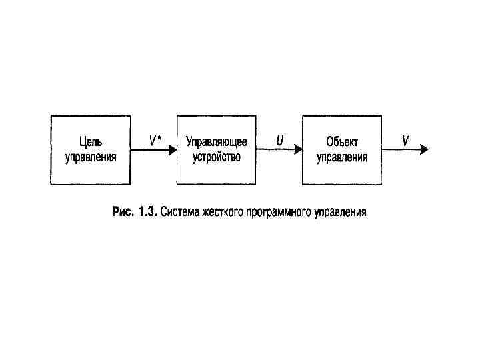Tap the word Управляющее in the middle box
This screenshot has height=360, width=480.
[x=217, y=142]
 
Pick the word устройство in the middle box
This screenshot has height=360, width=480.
[x=217, y=157]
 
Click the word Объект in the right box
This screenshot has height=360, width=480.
[x=342, y=142]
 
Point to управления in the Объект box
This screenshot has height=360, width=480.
[x=342, y=158]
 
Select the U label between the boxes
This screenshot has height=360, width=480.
[x=280, y=140]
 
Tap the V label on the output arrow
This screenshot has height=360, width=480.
[x=405, y=140]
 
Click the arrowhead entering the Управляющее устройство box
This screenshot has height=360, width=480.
[x=173, y=151]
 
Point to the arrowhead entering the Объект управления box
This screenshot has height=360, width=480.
[x=298, y=151]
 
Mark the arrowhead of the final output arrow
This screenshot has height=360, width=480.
[x=425, y=151]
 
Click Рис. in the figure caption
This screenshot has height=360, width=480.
[x=123, y=213]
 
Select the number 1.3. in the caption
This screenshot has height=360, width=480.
[x=147, y=213]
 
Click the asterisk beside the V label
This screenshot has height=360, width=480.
[x=159, y=138]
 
